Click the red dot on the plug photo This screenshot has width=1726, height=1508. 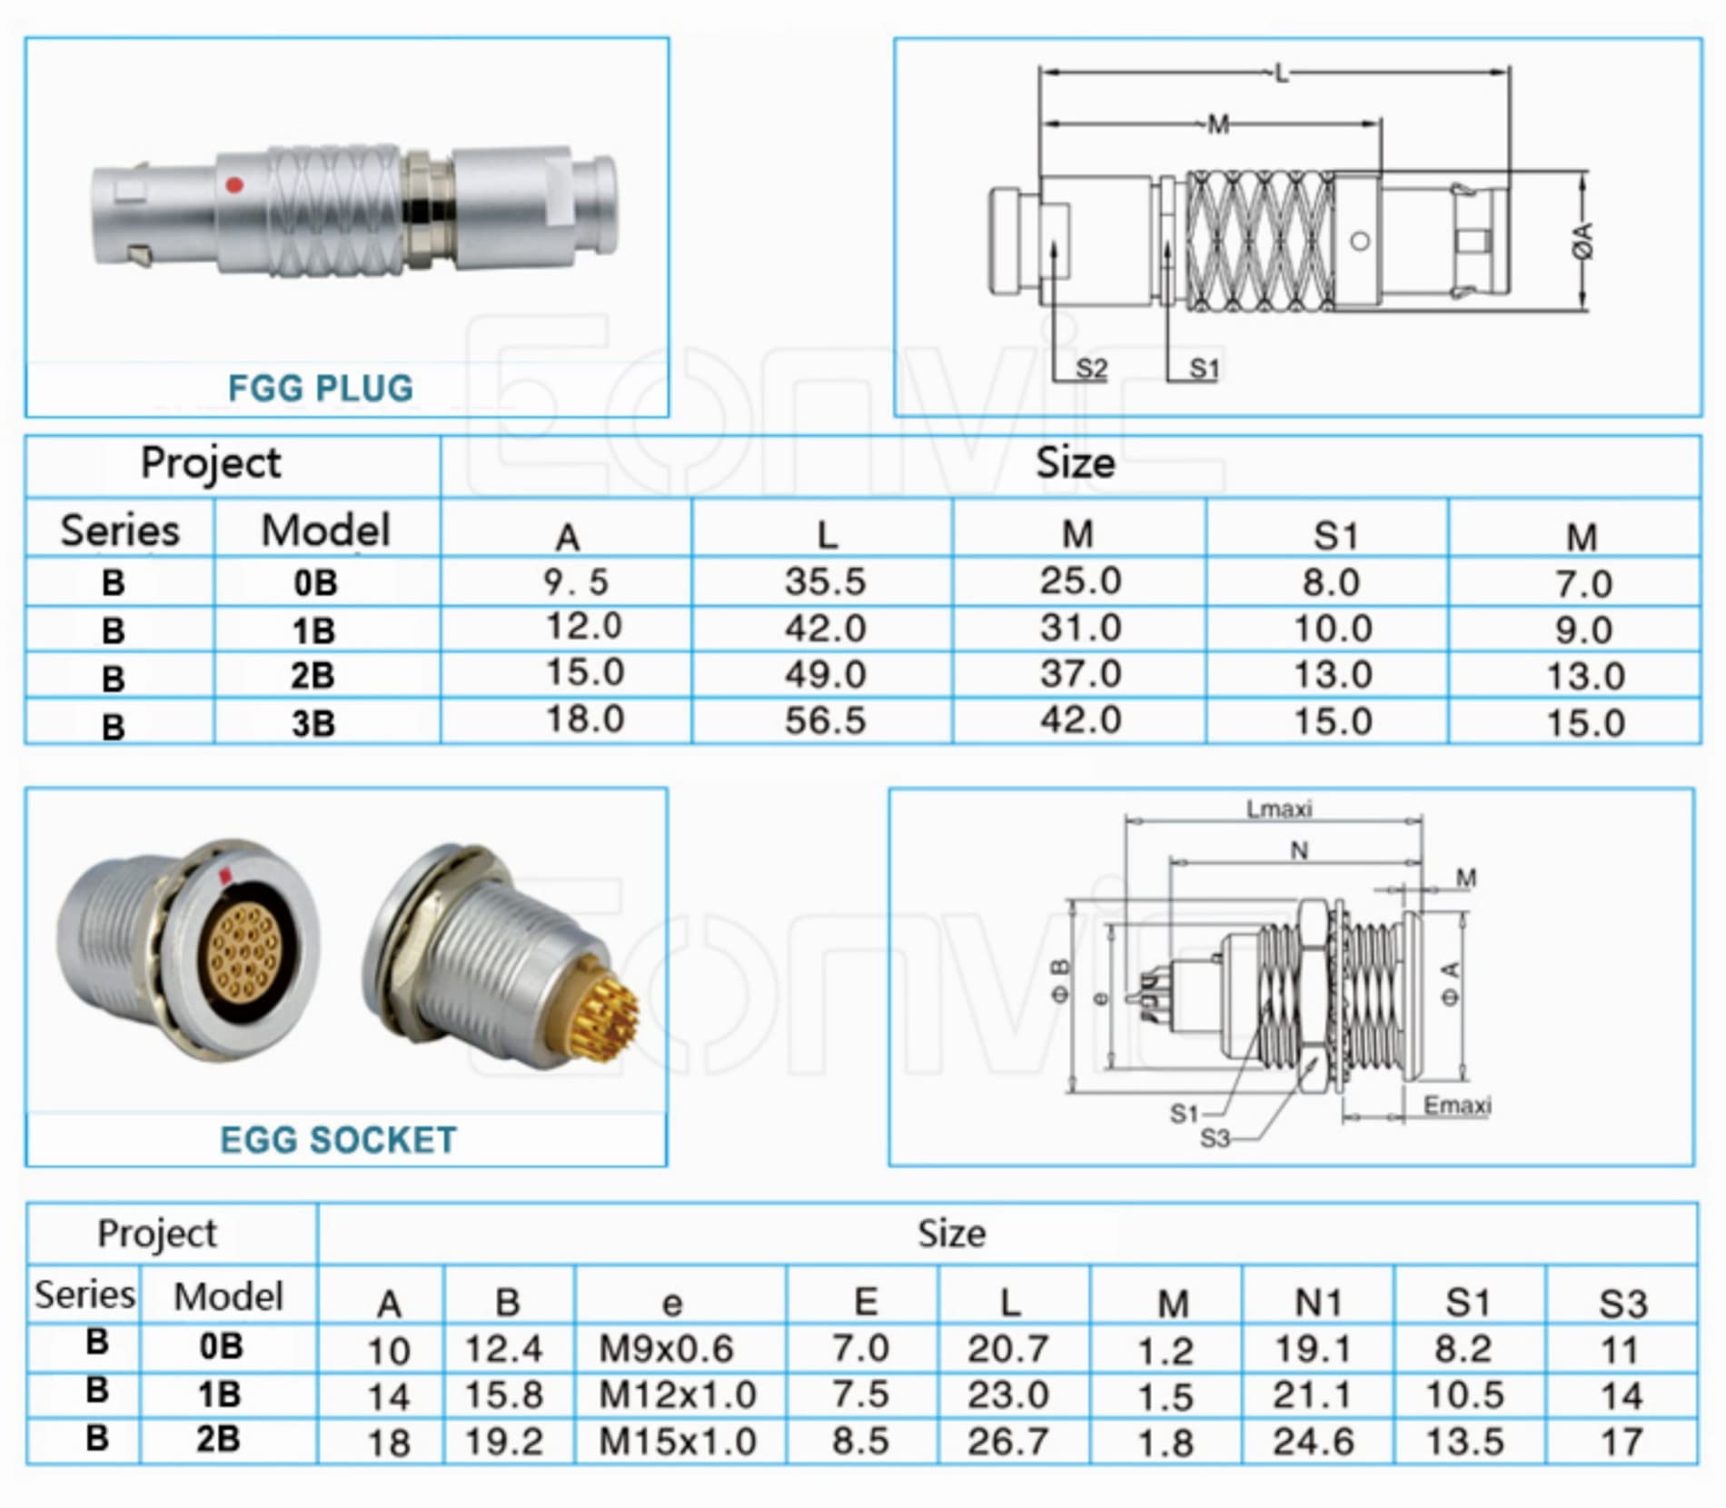pos(234,185)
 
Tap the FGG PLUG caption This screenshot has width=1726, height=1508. pos(321,388)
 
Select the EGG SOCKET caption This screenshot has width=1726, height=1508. pos(338,1139)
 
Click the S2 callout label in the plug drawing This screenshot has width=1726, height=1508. pos(1091,369)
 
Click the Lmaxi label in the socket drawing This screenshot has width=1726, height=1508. pos(1279,809)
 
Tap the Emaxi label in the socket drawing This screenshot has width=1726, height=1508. pos(1457,1106)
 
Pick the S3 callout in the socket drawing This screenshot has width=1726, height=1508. pos(1215,1137)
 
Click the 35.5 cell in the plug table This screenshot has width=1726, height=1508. pos(825,581)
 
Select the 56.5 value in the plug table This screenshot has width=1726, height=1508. pos(825,720)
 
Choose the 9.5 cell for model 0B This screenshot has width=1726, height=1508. pos(576,582)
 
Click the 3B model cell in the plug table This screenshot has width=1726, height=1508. pos(313,724)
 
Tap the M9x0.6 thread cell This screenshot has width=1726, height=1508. pos(666,1349)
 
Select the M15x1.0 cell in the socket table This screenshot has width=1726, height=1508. pos(678,1442)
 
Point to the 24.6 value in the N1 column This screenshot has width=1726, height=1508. pos(1314,1442)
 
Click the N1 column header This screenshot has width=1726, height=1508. pos(1318,1303)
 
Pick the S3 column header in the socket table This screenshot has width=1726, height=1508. pos(1623,1305)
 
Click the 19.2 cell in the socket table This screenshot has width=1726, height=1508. pos(504,1442)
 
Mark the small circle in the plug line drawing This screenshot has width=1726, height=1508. pos(1360,242)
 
